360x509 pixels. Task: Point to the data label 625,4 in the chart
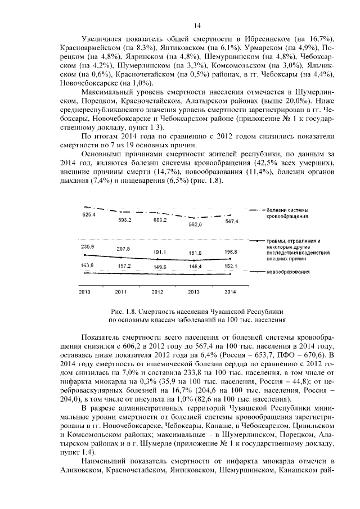89,215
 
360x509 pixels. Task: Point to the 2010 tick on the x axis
84,292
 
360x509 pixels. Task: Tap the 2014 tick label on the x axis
230,292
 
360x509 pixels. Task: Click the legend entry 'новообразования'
289,272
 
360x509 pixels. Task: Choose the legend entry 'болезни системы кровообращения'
287,213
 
